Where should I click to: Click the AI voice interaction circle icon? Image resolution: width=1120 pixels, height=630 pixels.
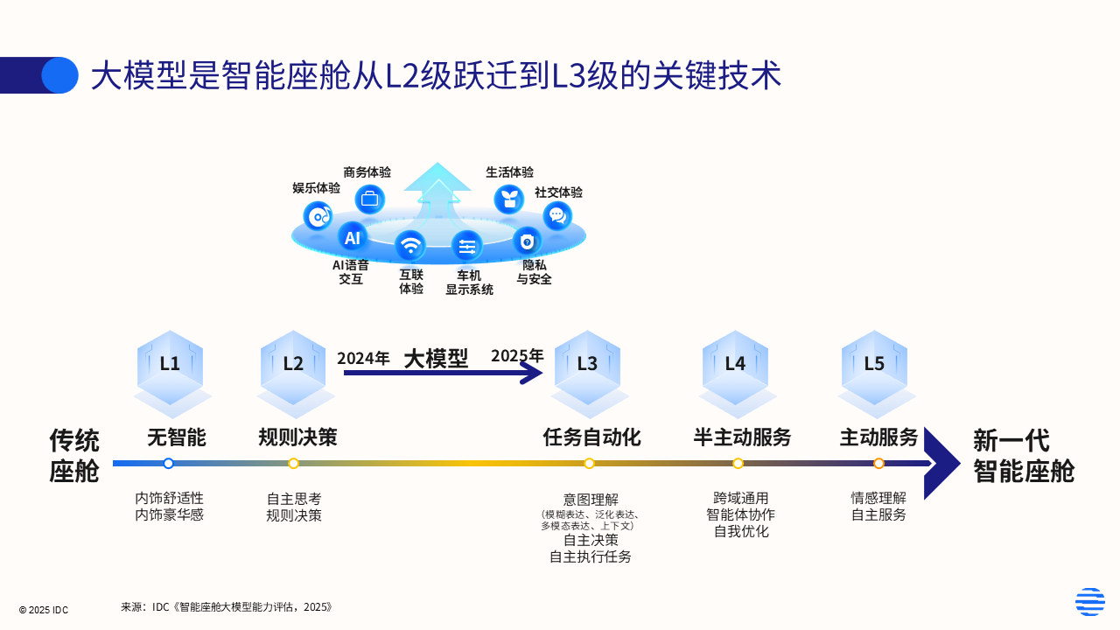click(352, 237)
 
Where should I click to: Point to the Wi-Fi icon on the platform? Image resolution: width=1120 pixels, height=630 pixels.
click(409, 245)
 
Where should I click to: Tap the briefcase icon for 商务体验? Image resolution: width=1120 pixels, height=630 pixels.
click(369, 199)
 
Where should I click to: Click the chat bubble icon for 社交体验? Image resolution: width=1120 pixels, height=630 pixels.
click(556, 215)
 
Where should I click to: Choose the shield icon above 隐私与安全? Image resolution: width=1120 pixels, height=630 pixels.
click(527, 241)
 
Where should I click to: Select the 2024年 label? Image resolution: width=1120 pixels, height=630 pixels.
click(363, 358)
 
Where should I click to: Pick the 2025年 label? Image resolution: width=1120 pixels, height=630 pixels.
click(517, 355)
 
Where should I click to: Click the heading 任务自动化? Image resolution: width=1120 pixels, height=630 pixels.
click(591, 437)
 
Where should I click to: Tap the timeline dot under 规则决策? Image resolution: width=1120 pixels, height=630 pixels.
click(293, 463)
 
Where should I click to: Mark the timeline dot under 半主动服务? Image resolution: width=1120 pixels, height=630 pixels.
click(738, 463)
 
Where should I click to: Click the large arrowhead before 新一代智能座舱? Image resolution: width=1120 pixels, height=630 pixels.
click(941, 463)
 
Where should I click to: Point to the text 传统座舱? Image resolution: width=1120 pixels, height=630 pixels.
click(74, 455)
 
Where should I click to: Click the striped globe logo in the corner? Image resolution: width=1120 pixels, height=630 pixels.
click(1089, 602)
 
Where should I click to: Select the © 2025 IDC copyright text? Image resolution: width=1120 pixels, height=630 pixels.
click(44, 610)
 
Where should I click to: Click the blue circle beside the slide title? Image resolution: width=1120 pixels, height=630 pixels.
click(59, 75)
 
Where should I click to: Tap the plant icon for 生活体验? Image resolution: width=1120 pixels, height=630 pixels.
click(508, 199)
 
